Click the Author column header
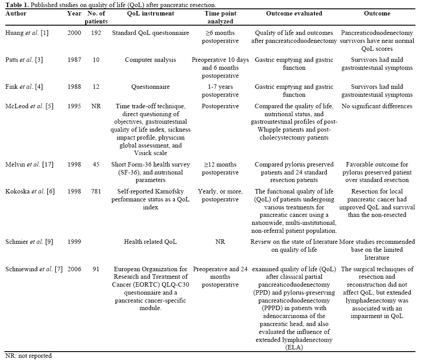point(16,13)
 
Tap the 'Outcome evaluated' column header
point(294,13)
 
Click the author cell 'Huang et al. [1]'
point(27,33)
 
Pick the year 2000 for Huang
point(74,33)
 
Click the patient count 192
point(96,33)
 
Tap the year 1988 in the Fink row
point(74,87)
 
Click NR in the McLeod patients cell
point(96,106)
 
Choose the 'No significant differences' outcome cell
point(377,106)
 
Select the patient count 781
point(96,191)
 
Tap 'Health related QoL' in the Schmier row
point(150,242)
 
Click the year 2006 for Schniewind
point(74,269)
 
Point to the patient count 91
point(96,269)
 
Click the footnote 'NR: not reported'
point(28,356)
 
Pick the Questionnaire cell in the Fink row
point(150,87)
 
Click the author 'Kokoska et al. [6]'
point(28,191)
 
